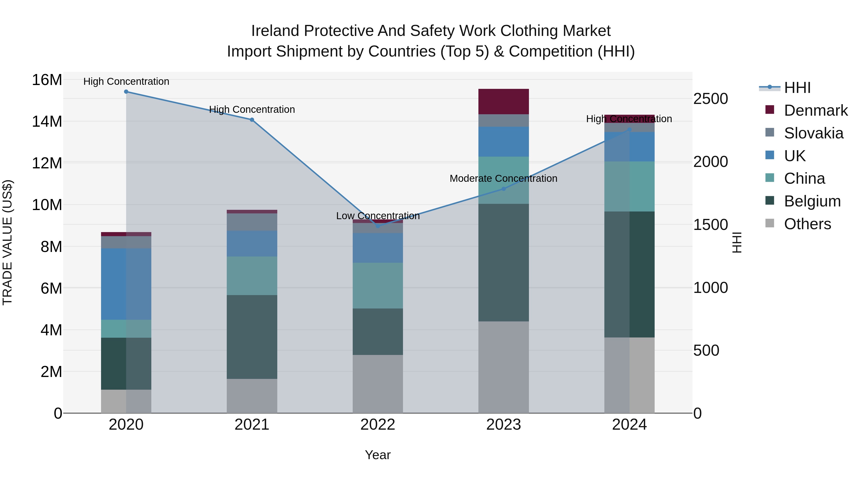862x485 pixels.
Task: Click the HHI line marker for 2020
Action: [x=126, y=92]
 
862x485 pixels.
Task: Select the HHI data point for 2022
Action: [x=378, y=226]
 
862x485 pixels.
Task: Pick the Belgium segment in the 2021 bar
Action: [x=252, y=337]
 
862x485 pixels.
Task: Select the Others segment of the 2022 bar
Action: [x=378, y=384]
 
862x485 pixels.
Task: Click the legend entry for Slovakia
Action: [x=813, y=133]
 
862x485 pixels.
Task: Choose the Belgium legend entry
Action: [x=812, y=201]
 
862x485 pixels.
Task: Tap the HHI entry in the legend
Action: [x=797, y=88]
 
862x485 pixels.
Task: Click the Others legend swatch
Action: [x=770, y=223]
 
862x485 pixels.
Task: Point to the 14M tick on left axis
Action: [x=47, y=121]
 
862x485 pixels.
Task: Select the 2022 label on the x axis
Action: [x=378, y=425]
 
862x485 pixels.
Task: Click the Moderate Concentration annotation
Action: [x=503, y=178]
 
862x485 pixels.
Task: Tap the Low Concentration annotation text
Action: [x=378, y=216]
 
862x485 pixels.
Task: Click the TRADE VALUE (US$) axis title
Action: [x=7, y=242]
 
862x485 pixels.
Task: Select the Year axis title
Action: [x=378, y=455]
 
